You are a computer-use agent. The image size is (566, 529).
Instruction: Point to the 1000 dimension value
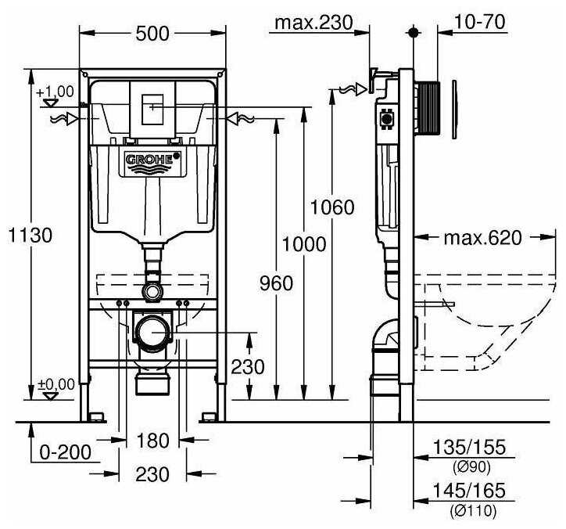(x=304, y=244)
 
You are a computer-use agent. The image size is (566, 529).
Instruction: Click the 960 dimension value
(x=275, y=282)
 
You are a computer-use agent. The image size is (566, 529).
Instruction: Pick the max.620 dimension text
(x=482, y=238)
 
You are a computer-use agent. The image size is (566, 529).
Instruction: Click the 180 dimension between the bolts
(x=152, y=441)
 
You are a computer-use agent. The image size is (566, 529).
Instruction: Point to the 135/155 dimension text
(x=470, y=448)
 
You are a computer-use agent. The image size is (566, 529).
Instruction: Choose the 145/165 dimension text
(x=470, y=491)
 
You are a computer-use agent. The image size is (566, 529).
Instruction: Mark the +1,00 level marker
(x=55, y=92)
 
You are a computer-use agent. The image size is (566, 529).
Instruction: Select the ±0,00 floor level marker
(x=55, y=384)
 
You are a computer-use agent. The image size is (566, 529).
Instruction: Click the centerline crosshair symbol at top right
(x=414, y=34)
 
